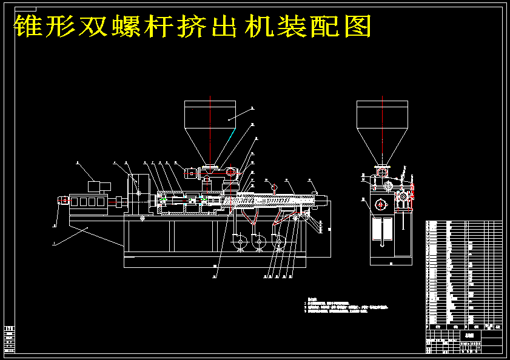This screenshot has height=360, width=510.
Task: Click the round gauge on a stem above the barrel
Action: (x=274, y=187)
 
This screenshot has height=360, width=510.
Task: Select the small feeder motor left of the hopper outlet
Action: (x=193, y=173)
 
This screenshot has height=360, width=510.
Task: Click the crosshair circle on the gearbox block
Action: (x=138, y=193)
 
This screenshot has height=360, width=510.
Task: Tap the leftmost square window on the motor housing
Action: (x=75, y=202)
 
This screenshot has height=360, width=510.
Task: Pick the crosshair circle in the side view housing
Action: (x=380, y=204)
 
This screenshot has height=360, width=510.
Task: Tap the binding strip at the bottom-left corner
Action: (x=9, y=339)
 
